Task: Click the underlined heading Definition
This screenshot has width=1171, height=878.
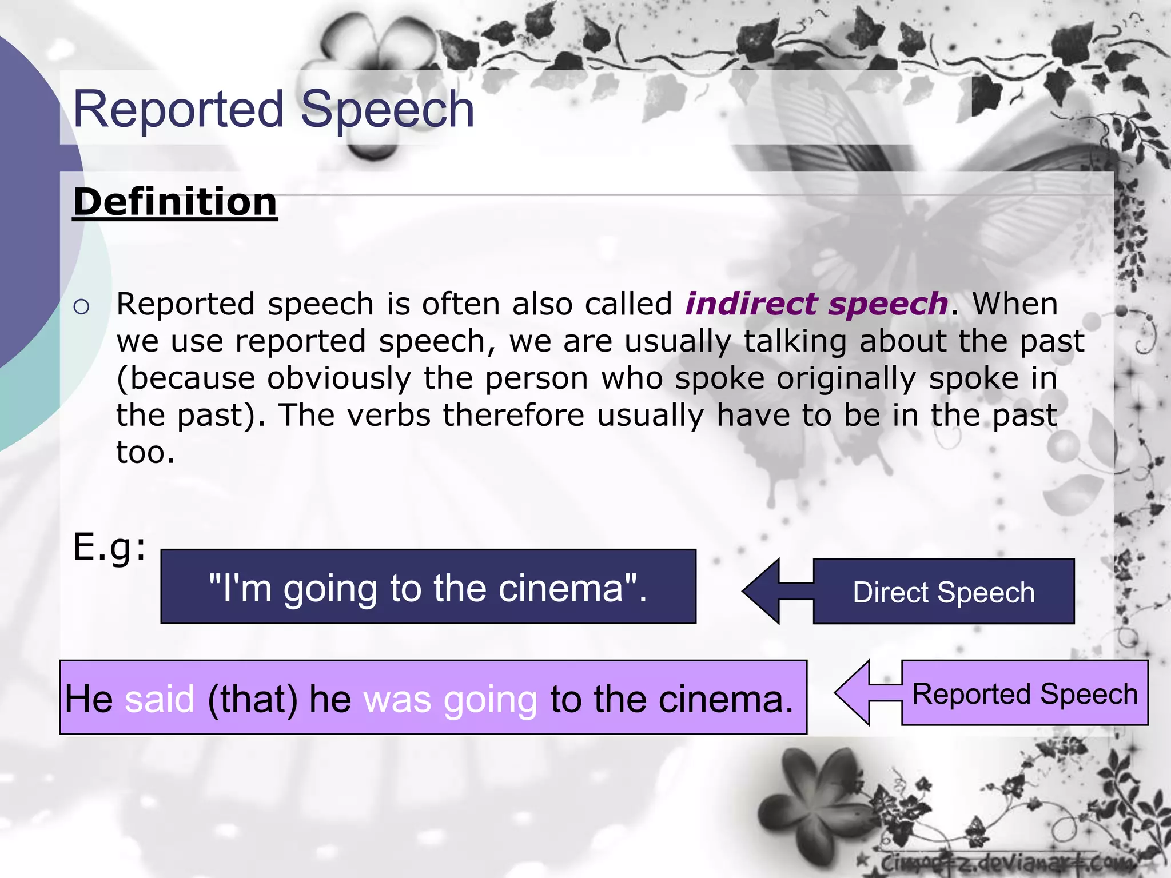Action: [175, 202]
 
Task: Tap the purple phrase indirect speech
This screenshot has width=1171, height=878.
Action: [816, 304]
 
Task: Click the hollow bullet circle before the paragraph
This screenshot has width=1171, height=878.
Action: [82, 307]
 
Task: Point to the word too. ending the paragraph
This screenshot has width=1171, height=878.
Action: [145, 452]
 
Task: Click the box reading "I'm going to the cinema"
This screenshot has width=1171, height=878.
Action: [428, 587]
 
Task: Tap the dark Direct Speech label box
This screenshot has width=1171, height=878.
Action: [943, 592]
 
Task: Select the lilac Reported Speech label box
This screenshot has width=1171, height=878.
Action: [1025, 693]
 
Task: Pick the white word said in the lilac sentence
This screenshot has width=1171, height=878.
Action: [160, 699]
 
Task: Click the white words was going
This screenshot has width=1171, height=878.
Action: [451, 699]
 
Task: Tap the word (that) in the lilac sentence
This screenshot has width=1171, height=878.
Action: [253, 699]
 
